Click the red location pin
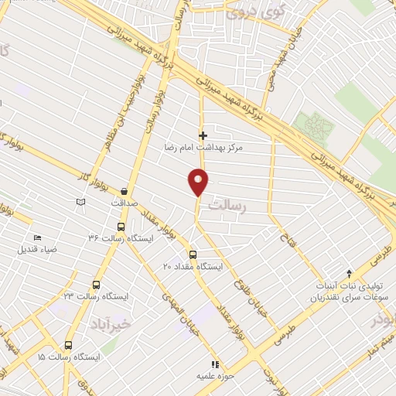coord(199,182)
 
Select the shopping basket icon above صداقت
coord(124,191)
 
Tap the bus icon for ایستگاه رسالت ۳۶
coord(121,227)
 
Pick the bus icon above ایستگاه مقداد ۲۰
coord(193,254)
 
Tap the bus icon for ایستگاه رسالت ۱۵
coord(69,346)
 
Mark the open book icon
coord(80,202)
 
